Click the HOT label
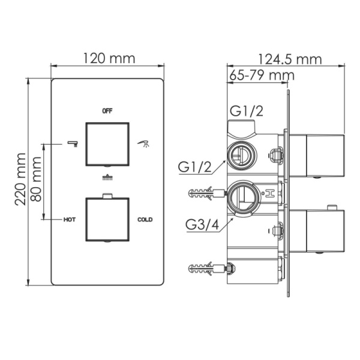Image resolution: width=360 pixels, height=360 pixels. click(x=70, y=220)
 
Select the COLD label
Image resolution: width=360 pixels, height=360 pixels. click(x=145, y=220)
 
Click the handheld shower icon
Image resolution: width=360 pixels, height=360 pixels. click(x=143, y=143)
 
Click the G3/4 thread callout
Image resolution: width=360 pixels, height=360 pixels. click(x=200, y=226)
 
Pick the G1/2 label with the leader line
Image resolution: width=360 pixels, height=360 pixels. click(x=194, y=167)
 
